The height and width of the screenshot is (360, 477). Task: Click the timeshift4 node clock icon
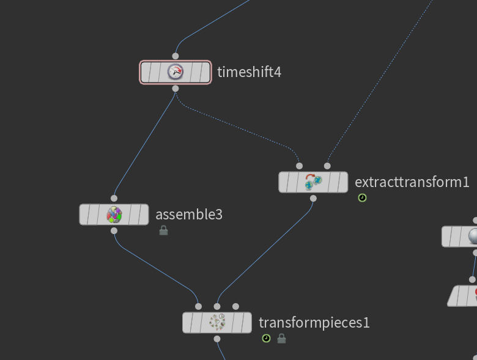[x=176, y=72]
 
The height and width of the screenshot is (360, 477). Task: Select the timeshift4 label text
[x=249, y=72]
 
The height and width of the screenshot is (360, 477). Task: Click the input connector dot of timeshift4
[x=176, y=56]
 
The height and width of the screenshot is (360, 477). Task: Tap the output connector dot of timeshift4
[x=176, y=89]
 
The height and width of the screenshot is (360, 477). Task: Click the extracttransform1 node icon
[x=313, y=182]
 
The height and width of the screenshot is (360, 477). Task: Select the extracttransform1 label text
[x=412, y=182]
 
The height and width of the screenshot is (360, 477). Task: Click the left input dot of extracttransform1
[x=299, y=166]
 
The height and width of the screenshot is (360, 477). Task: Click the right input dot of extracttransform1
[x=327, y=166]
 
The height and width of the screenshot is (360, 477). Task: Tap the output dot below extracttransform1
[x=313, y=198]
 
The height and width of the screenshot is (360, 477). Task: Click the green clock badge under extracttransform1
[x=362, y=198]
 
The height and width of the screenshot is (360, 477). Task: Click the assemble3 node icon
[x=114, y=215]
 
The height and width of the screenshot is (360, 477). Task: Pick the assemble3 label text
[x=189, y=215]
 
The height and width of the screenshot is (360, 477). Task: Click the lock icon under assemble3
[x=163, y=230]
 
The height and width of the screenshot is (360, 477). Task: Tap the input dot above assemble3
[x=114, y=198]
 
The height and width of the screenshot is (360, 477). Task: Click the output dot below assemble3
[x=114, y=231]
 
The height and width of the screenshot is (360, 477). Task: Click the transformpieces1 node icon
[x=217, y=322]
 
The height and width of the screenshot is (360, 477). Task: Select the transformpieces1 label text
[x=314, y=322]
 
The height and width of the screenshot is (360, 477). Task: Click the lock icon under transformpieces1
[x=281, y=338]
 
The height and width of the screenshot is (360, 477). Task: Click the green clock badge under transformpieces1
[x=266, y=338]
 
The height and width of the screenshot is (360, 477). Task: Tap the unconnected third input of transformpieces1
[x=236, y=306]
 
